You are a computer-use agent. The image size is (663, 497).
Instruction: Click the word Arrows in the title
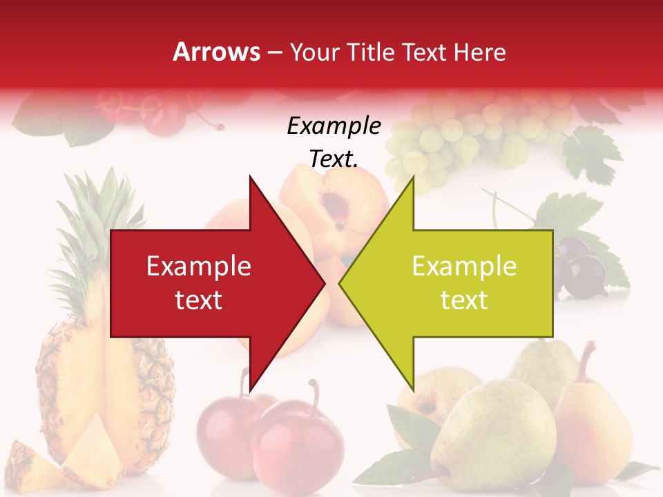(216, 52)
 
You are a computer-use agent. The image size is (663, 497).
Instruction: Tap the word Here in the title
(479, 52)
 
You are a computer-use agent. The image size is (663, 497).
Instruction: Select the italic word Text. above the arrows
(334, 159)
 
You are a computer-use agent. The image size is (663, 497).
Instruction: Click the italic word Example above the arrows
(334, 126)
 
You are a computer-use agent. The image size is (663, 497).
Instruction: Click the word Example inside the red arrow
(198, 266)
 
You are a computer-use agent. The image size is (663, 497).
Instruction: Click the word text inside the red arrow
(198, 300)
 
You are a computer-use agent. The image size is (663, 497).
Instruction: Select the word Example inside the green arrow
(464, 266)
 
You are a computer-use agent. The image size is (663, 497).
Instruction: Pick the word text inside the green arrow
(464, 300)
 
